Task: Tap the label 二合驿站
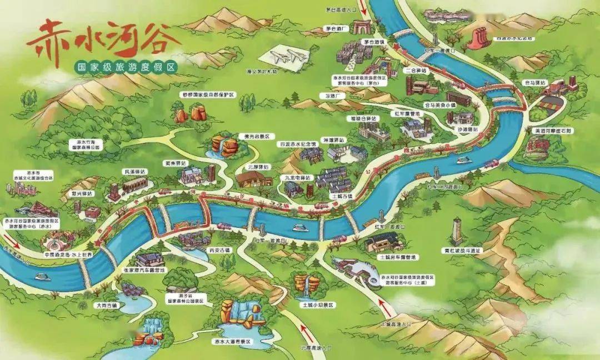click(416, 71)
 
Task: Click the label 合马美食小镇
click(440, 104)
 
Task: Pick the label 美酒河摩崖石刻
click(553, 131)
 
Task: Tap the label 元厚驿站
click(257, 167)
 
